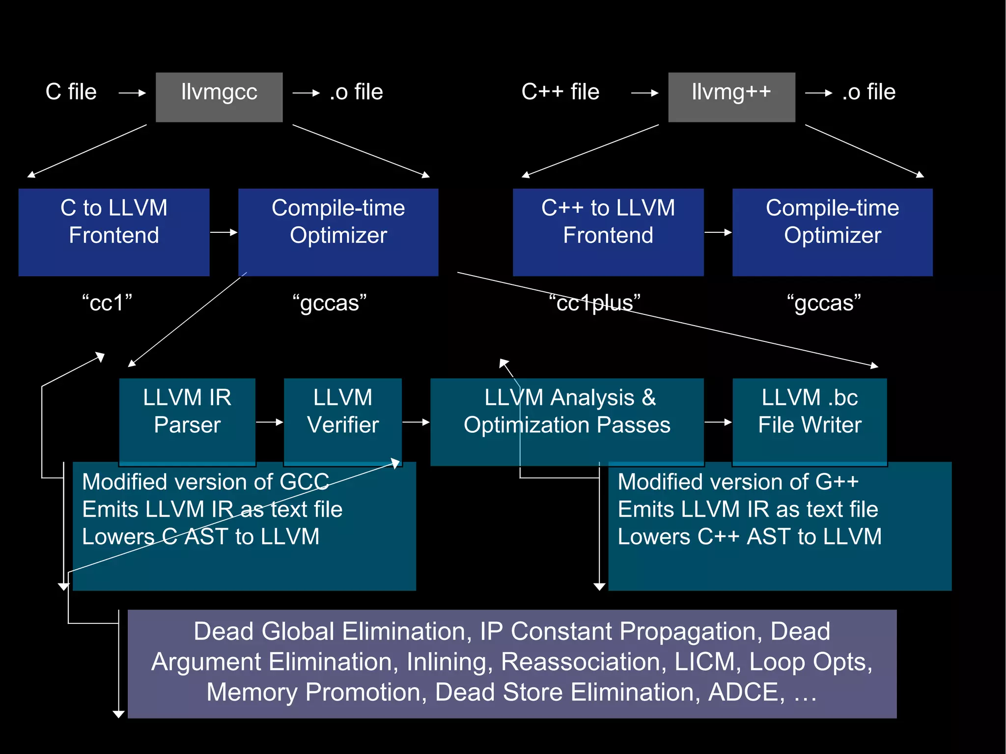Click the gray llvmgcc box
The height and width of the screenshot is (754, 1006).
219,97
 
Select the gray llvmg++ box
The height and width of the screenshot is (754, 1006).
731,97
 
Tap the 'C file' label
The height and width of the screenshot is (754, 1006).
71,92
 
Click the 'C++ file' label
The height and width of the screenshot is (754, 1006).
560,92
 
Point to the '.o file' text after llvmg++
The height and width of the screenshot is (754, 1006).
868,92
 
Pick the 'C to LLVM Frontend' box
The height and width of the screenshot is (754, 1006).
114,232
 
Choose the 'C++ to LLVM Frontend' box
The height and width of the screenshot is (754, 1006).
608,232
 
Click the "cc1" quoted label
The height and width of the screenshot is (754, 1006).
107,303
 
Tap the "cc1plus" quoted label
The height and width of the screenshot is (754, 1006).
594,303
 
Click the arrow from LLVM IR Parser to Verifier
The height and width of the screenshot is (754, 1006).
270,422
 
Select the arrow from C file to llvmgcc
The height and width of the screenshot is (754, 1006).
132,93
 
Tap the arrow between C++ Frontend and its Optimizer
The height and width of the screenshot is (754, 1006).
718,232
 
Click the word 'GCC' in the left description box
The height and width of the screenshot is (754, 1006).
304,482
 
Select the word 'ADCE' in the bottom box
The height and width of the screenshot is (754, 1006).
746,692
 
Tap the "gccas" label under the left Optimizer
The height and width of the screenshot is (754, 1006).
329,303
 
